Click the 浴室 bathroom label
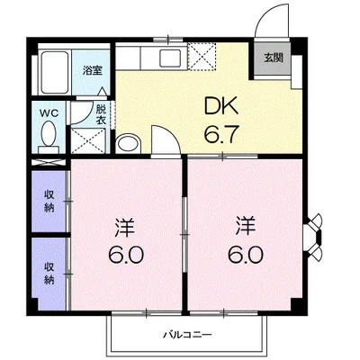point(91,70)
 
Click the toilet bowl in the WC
point(48,136)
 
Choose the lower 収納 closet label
point(48,271)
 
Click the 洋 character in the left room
point(126,222)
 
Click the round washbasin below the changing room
point(129,144)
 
